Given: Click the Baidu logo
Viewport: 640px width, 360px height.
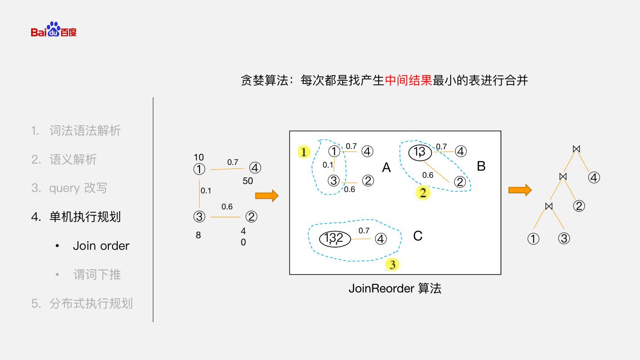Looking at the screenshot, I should click(54, 30).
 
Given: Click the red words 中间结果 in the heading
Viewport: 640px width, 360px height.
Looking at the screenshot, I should click(408, 80).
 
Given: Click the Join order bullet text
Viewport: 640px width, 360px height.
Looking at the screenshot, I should click(101, 246).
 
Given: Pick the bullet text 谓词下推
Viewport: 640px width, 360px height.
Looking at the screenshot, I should click(96, 275).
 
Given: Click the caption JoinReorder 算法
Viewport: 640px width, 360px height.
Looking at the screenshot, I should click(395, 288).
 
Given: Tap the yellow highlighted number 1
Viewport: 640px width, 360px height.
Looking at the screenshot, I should click(304, 152).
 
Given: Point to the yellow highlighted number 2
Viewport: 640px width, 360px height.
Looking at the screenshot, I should click(423, 193).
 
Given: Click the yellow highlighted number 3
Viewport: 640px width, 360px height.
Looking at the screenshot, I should click(392, 265).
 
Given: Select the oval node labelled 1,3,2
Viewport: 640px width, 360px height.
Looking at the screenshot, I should click(335, 239).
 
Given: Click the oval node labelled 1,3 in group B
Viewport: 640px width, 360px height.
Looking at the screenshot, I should click(420, 152).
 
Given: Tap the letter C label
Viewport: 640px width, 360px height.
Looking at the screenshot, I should click(418, 236).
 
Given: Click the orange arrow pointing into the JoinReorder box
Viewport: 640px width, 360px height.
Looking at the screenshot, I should click(267, 196).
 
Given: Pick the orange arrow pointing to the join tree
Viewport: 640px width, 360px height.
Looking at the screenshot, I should click(520, 190).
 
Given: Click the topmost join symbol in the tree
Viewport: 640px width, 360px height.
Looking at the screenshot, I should click(576, 149).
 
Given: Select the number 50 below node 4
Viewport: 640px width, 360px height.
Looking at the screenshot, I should click(248, 181).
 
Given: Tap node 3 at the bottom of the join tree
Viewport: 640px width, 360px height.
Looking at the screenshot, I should click(564, 239).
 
